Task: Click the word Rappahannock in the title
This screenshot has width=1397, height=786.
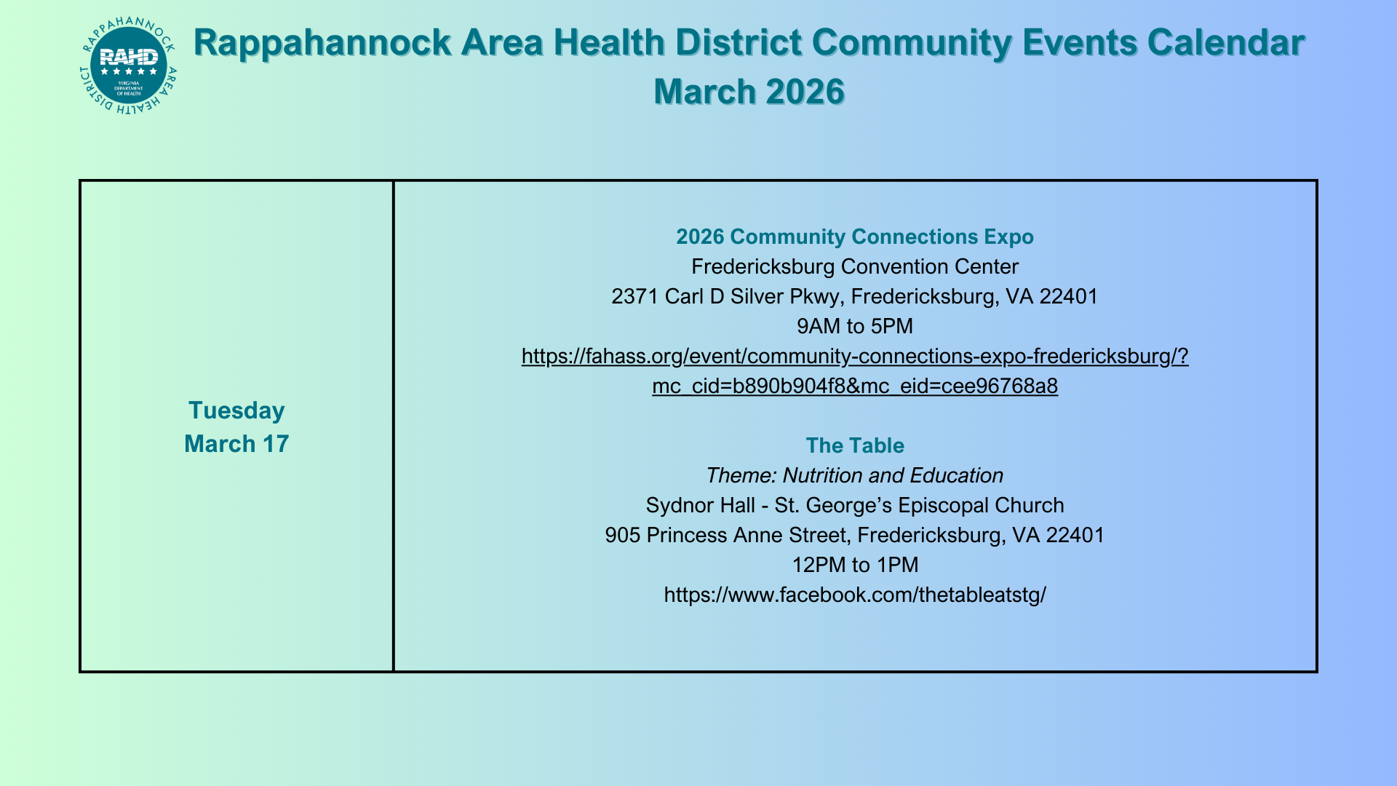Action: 322,44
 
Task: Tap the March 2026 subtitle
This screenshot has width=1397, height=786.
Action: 749,92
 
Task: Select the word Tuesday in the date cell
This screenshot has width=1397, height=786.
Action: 236,411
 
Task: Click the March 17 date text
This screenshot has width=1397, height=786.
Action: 236,444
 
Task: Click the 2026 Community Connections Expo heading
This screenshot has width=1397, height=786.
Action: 855,237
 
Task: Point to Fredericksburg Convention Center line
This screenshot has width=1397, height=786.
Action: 855,266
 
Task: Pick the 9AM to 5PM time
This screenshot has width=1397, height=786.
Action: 855,326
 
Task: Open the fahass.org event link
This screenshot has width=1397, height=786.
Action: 855,357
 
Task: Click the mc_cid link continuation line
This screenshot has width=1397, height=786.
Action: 855,386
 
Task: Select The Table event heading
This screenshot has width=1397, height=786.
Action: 855,445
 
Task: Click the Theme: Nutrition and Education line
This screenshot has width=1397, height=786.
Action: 855,475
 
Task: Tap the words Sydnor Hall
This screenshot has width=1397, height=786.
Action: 701,506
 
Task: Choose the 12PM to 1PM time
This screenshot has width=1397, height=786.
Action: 855,565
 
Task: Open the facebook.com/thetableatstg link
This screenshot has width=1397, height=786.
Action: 855,595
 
